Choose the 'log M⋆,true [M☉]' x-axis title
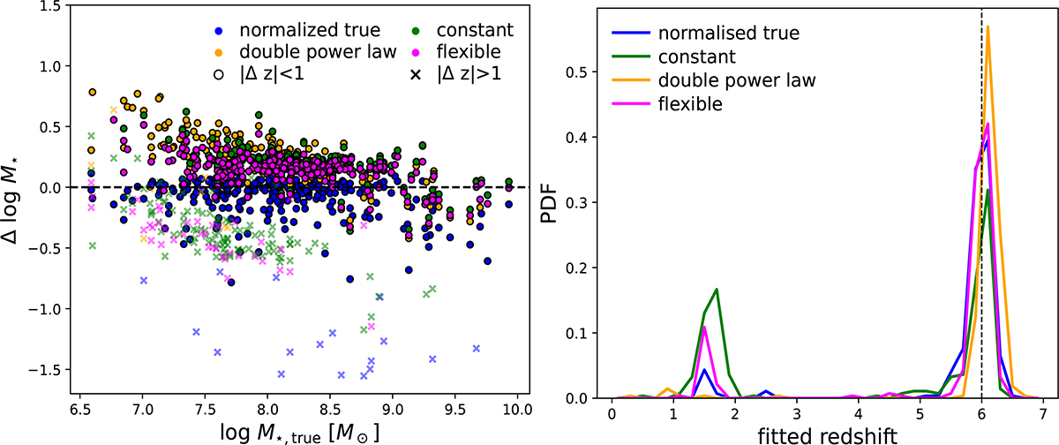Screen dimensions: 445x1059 (x=297, y=434)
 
